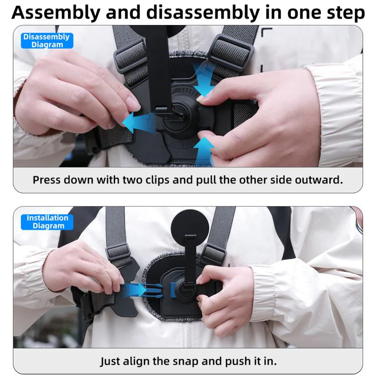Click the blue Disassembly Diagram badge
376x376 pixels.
click(47, 41)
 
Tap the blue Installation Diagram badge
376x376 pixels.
click(47, 222)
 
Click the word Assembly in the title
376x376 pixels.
click(56, 13)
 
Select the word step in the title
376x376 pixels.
click(346, 13)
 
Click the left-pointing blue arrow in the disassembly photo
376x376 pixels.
click(138, 122)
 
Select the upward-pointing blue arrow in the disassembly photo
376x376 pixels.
click(204, 151)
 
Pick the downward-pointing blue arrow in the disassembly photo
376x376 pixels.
click(204, 79)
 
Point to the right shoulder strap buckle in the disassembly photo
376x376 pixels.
click(231, 53)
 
